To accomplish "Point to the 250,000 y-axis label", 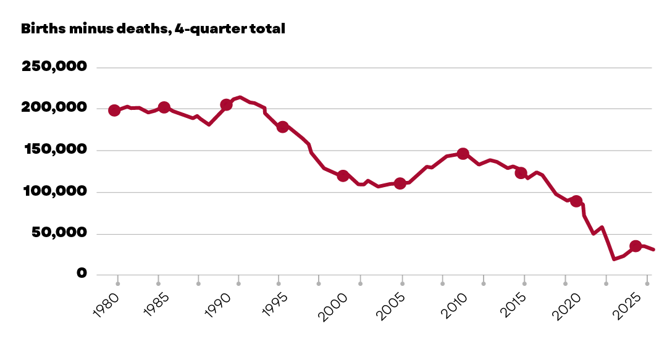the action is click(x=54, y=66).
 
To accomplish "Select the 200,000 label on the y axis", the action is click(x=54, y=107).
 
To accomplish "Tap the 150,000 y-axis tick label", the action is click(x=56, y=149).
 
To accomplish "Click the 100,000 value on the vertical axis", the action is click(x=55, y=191).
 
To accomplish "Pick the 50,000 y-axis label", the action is click(x=59, y=232).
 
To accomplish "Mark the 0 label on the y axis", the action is click(x=82, y=273).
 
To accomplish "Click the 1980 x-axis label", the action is click(x=106, y=305).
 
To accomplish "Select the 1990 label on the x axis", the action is click(x=217, y=305).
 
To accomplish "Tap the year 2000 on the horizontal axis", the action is click(x=333, y=306).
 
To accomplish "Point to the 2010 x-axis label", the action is click(x=454, y=306).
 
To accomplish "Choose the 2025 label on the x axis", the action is click(x=627, y=306).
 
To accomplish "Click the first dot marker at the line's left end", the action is click(x=114, y=111).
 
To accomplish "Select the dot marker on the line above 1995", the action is click(x=283, y=127).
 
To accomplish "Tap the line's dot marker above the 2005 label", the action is click(x=400, y=183).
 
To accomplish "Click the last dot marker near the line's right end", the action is click(x=636, y=246).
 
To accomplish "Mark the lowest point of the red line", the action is click(x=614, y=259).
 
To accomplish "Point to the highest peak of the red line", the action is click(x=240, y=97).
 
